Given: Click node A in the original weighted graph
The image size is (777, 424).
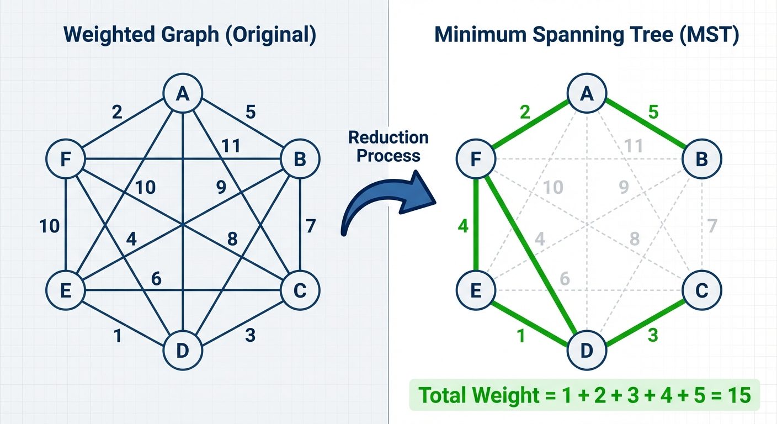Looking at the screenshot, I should coord(183,95).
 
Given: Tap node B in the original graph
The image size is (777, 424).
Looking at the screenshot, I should coord(300,160).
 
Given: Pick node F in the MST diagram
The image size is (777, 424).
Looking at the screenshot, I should coord(476,160).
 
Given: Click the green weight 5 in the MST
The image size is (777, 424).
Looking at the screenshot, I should coord(653,112).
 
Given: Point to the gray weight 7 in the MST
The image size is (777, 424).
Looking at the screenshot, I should coord(712,226).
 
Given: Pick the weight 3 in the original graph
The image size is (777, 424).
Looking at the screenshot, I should coord(250,335).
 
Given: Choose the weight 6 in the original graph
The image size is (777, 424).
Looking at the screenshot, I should coord(156,279).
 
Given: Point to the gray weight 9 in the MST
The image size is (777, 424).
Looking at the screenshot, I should coord(624,188).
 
